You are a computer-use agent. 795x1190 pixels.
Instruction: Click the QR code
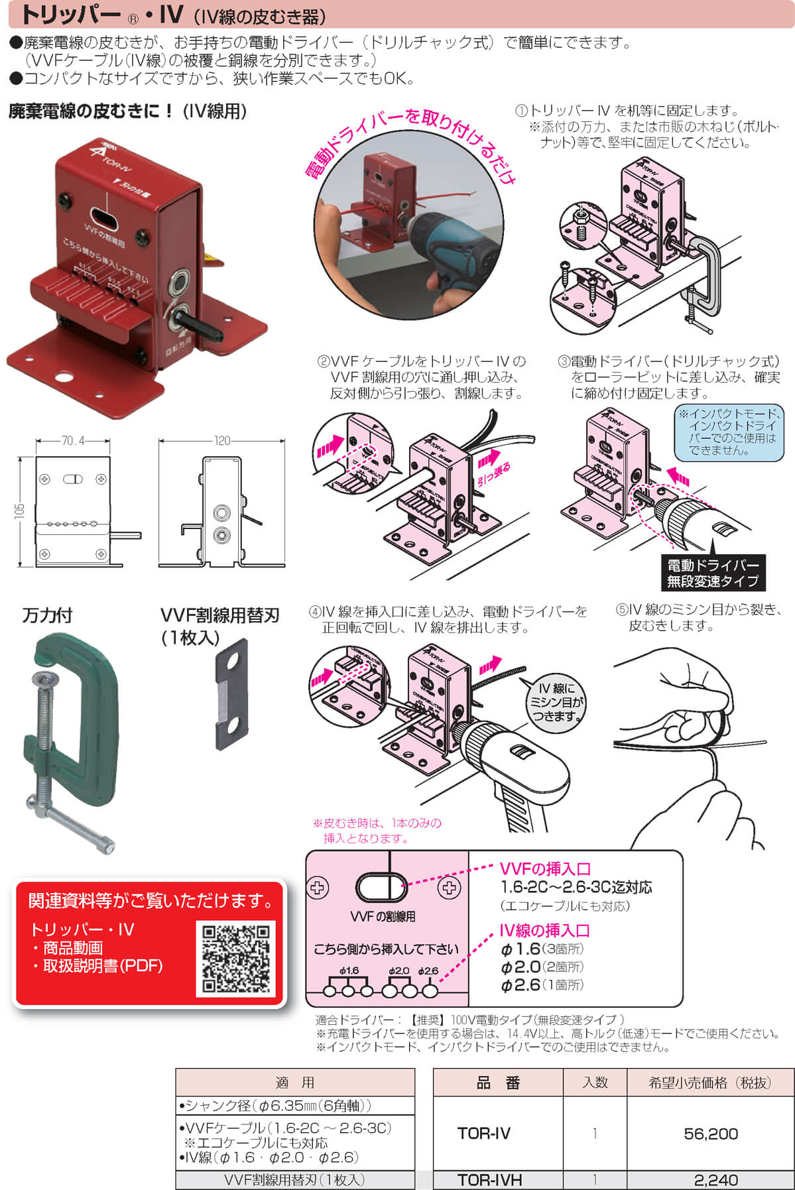pos(236,957)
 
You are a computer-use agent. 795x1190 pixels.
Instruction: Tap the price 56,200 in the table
pos(710,1134)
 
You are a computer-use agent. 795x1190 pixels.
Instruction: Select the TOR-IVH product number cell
pos(489,1180)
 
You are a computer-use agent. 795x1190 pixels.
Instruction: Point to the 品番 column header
pos(498,1083)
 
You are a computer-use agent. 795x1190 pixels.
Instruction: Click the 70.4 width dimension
pos(73,440)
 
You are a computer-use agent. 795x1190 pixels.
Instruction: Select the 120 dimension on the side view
pos(221,440)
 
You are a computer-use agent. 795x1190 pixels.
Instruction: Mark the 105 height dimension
pos(20,510)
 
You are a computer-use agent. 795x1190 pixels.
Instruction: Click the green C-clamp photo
pos(72,736)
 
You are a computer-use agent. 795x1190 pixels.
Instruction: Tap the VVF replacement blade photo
pos(232,694)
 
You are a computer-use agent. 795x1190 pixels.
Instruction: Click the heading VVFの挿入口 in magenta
pos(544,869)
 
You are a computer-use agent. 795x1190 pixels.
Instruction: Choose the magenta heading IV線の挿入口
pos(544,931)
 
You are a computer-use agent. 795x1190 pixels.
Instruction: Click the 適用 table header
pos(295,1083)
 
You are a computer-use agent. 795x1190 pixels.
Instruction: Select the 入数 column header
pos(595,1083)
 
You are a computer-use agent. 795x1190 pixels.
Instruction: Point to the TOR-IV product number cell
pos(484,1134)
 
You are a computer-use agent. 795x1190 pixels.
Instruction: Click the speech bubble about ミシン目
pos(556,703)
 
